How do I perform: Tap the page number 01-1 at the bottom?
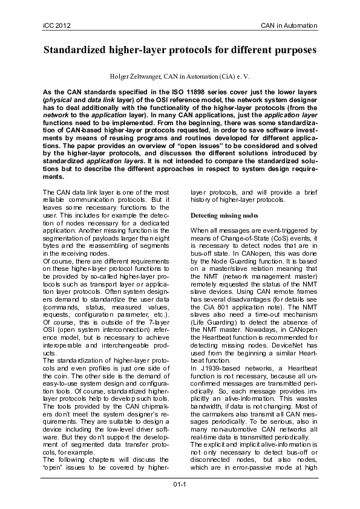pos(180,484)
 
